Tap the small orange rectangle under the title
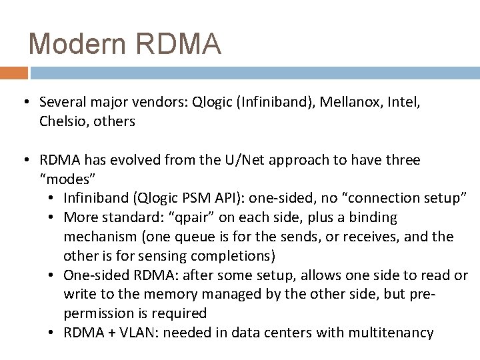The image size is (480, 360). coord(14,72)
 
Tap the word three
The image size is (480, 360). coord(401,161)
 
